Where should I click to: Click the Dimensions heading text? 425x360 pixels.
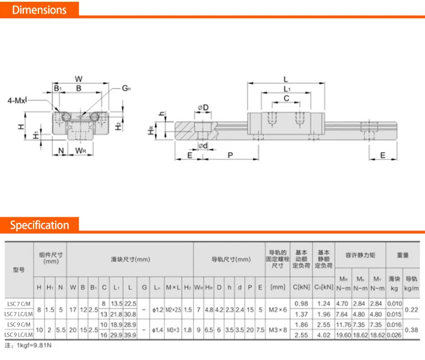39,10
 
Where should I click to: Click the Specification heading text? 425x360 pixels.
40,225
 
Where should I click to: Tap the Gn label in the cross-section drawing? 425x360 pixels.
126,88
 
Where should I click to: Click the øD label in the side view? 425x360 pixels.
203,108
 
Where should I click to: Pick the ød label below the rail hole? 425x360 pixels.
203,146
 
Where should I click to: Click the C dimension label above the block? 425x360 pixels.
287,98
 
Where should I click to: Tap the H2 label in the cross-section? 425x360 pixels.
119,126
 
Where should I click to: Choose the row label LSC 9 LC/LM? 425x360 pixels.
18,335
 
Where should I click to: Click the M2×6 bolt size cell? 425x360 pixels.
278,309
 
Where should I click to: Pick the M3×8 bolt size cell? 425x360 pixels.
278,329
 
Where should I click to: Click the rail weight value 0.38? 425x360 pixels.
411,329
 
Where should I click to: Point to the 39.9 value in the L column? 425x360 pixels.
130,335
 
